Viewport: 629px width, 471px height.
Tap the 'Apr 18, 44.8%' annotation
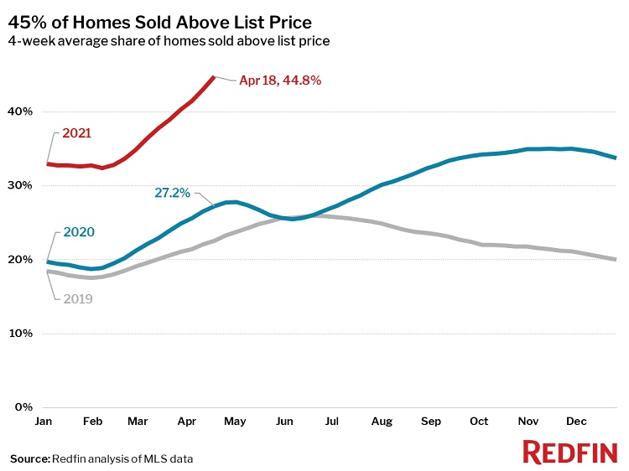pos(280,81)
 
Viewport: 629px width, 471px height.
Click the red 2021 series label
pos(76,133)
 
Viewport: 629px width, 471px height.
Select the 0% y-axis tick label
pos(23,407)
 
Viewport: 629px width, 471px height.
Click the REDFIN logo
pos(570,453)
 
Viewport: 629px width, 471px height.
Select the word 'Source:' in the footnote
pos(29,458)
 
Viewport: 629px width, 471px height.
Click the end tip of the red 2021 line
pos(214,77)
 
